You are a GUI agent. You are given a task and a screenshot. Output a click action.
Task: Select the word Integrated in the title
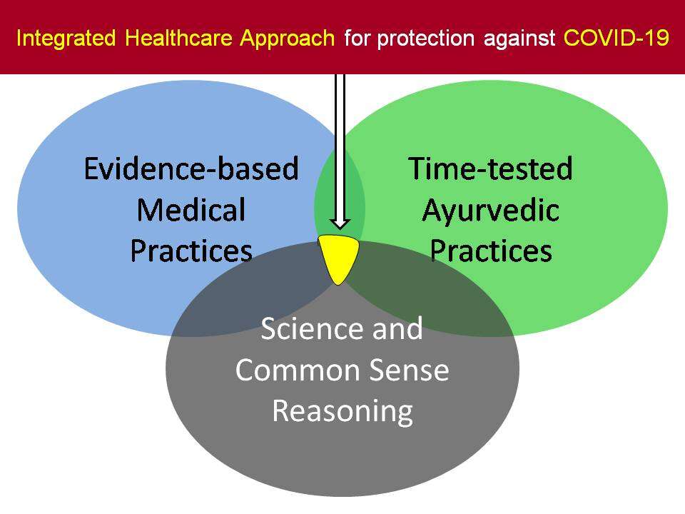[66, 38]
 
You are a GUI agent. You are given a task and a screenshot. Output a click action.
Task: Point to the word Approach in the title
[287, 38]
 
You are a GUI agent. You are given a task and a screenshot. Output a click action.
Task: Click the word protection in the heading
[426, 39]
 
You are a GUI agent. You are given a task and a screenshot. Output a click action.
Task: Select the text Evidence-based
[191, 168]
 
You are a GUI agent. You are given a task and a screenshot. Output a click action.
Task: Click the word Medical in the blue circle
[191, 210]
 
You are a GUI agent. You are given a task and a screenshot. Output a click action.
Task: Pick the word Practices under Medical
[191, 251]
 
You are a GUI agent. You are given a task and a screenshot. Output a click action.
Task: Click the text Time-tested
[491, 168]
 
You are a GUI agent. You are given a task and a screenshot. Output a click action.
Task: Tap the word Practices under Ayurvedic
[491, 251]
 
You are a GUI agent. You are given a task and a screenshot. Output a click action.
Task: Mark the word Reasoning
[342, 412]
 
